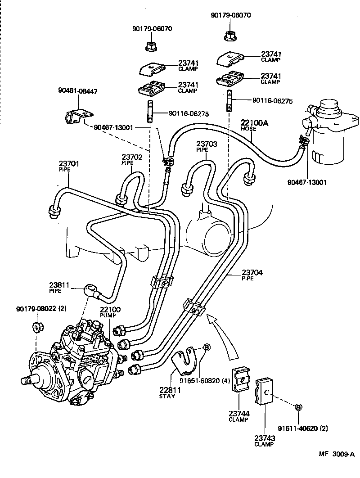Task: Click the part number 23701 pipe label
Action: pyautogui.click(x=68, y=166)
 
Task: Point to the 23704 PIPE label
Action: pyautogui.click(x=252, y=275)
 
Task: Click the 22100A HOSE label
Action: pyautogui.click(x=254, y=125)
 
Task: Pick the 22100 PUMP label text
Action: pyautogui.click(x=110, y=313)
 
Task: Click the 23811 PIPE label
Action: pyautogui.click(x=59, y=287)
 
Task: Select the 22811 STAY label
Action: pyautogui.click(x=170, y=392)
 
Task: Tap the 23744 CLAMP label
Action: pyautogui.click(x=238, y=416)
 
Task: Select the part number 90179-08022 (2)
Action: pyautogui.click(x=41, y=309)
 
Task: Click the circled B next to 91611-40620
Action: pyautogui.click(x=298, y=407)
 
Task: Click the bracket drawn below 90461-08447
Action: pyautogui.click(x=77, y=116)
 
